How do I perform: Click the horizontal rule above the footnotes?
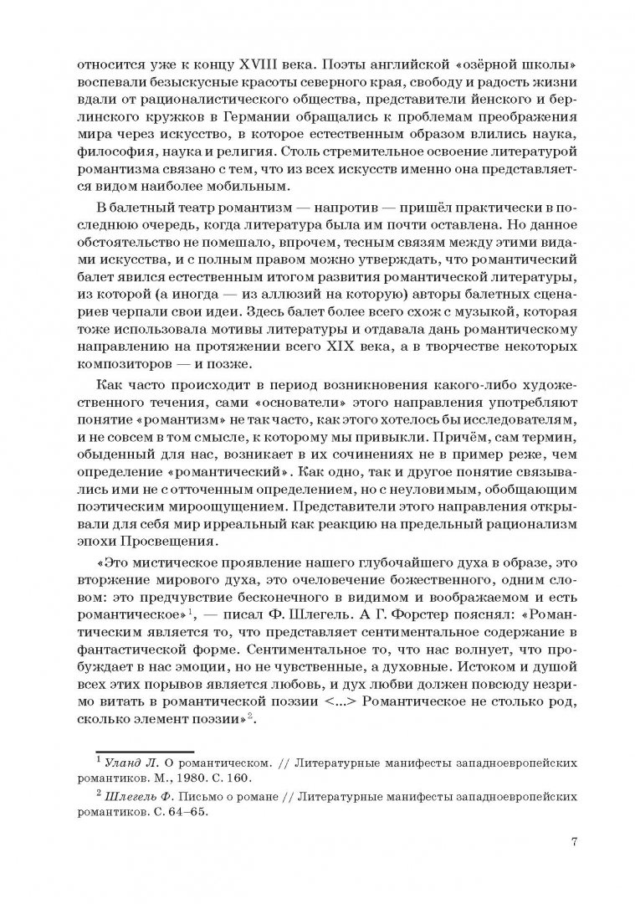pyautogui.click(x=145, y=751)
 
